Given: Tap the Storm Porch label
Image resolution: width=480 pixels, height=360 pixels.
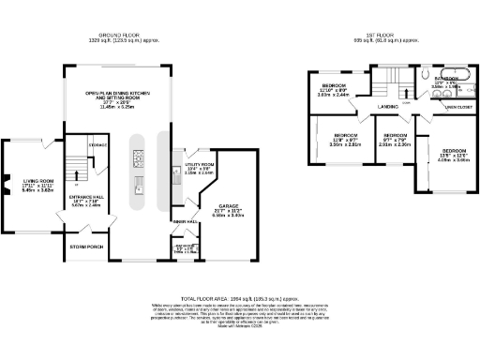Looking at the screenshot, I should click(84, 247).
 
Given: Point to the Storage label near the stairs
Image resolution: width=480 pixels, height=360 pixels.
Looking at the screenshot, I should click(97, 145).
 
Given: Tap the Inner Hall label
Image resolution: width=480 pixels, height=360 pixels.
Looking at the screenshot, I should click(184, 221).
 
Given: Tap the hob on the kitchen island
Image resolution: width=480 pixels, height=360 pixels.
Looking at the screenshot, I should click(137, 181).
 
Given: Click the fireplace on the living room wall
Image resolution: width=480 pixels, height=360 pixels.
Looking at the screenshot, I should click(6, 183).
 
